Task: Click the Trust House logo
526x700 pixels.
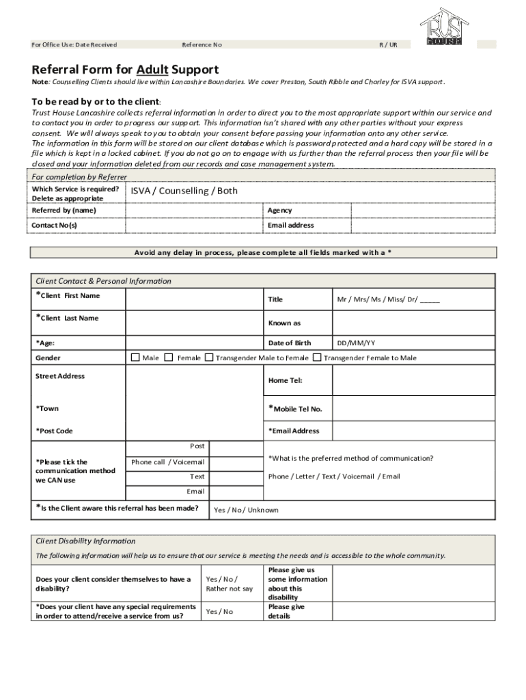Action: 445,27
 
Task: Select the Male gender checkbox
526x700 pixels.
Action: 135,358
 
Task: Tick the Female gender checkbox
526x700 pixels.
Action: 169,358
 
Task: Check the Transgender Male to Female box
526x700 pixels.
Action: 209,358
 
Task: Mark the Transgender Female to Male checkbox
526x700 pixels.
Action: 317,358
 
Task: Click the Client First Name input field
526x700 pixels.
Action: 194,299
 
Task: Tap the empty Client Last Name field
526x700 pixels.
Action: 194,322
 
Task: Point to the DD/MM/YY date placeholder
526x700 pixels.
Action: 356,343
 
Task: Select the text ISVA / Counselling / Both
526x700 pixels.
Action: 184,191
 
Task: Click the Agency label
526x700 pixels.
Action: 280,211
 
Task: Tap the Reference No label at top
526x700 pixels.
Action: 202,45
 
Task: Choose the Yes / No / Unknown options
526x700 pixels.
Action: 246,510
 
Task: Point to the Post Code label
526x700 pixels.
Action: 54,431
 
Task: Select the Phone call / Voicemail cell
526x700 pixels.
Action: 167,462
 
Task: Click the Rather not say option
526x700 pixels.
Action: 229,589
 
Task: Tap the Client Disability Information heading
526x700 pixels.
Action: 85,541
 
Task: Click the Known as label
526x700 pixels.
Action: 284,323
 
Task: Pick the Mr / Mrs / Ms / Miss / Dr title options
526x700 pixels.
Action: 388,299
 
